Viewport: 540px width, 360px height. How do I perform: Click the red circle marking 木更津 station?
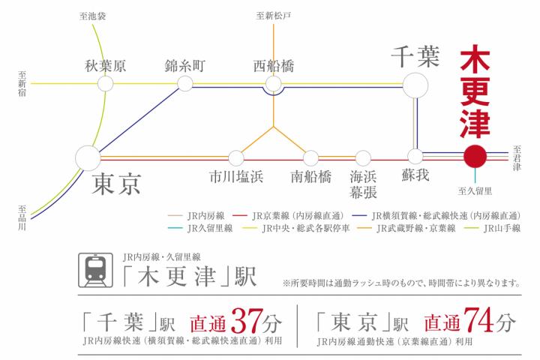pos(475,157)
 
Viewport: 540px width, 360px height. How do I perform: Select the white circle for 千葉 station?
pos(414,83)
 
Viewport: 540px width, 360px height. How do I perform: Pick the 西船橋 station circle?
pos(273,84)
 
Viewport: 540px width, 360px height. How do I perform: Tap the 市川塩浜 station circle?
pos(236,157)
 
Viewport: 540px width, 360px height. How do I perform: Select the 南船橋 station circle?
pos(310,157)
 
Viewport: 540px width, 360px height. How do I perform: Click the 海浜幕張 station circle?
pos(363,157)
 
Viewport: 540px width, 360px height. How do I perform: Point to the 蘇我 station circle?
pos(415,157)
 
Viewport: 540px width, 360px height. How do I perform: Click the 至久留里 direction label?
pos(475,191)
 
